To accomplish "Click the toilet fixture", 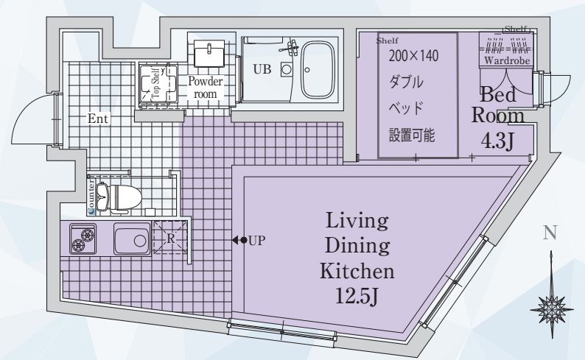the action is click(x=119, y=197).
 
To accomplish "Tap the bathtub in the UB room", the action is click(x=318, y=70).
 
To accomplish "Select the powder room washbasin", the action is click(x=209, y=54).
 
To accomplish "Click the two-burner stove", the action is click(x=83, y=239).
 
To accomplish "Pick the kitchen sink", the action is click(x=132, y=239).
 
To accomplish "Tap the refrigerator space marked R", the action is click(x=170, y=237).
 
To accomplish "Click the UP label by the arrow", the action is click(x=256, y=241).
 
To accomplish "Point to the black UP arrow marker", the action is click(x=239, y=241).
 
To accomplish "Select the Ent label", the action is click(x=98, y=119).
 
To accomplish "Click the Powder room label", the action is click(x=206, y=87).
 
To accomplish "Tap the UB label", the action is click(x=262, y=69).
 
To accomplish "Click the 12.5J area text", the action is click(x=357, y=297).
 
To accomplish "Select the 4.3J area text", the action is click(x=498, y=141).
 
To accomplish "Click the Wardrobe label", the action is click(x=507, y=60).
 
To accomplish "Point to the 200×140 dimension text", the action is click(x=414, y=56).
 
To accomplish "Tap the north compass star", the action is click(x=551, y=309).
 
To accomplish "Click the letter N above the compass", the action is click(x=550, y=233).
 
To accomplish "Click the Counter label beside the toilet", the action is click(x=91, y=197).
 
